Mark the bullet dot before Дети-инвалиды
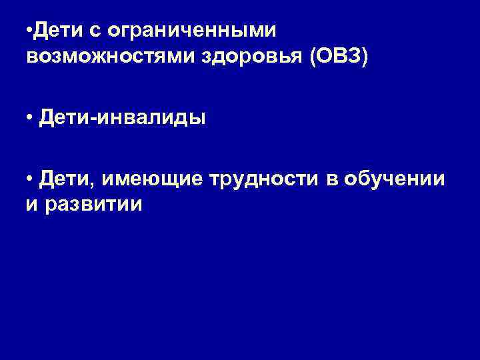pos(31,119)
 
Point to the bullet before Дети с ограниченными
pos(31,31)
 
